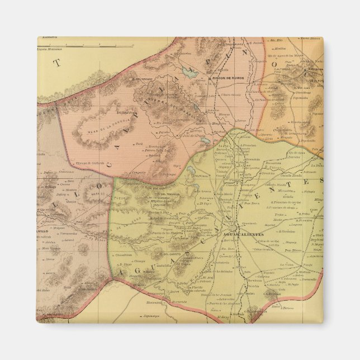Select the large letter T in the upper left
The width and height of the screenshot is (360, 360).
coord(55,63)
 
